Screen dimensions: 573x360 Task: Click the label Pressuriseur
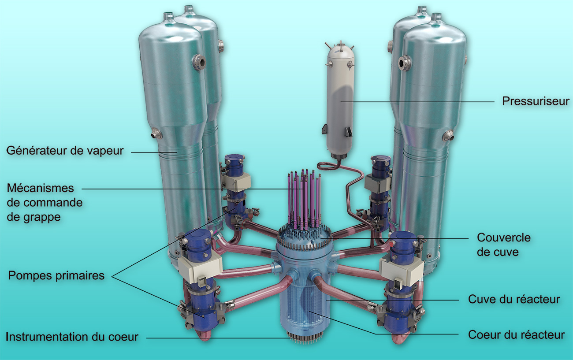pos(536,101)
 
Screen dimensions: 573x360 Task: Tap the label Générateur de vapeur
pos(65,151)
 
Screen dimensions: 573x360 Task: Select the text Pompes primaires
pos(56,276)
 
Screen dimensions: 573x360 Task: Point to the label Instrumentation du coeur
pos(72,337)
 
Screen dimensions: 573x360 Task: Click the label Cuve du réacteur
pos(514,299)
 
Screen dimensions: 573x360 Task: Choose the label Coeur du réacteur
pos(516,335)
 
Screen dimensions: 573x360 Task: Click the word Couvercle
pos(504,238)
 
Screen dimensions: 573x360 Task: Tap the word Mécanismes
pos(41,188)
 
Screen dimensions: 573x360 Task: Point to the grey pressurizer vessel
pos(340,100)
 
